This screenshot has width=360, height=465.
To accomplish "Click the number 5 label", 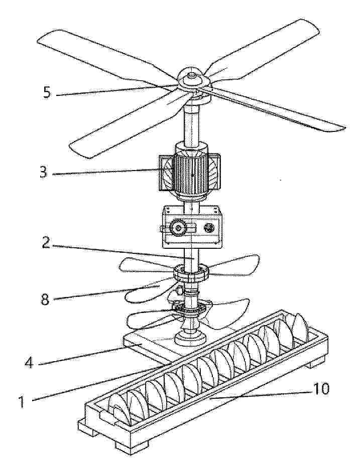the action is tap(47, 93).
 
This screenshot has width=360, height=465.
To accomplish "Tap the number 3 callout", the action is tap(44, 172).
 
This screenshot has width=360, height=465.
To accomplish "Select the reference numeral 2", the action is tap(46, 242).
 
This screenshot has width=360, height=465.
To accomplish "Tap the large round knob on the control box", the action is tap(178, 228).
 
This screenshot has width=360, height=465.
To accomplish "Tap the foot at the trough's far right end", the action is tap(315, 363).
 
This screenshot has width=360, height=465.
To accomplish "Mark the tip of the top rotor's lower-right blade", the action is tap(345, 128).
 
